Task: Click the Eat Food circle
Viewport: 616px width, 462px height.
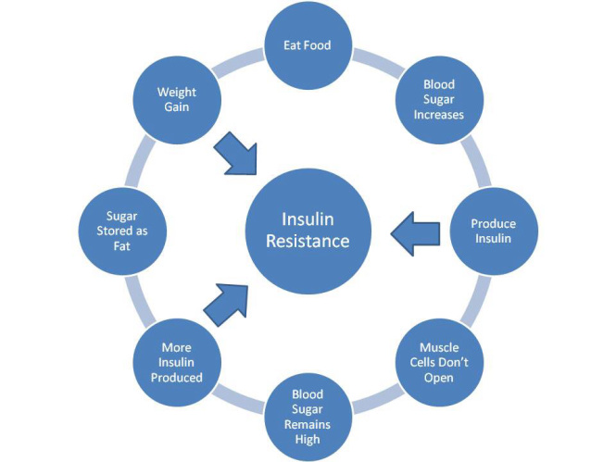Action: [x=308, y=44]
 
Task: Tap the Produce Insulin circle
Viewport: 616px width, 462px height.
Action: [x=492, y=231]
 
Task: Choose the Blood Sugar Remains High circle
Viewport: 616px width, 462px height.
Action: [x=308, y=416]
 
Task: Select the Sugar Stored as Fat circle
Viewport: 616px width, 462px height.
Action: [x=122, y=231]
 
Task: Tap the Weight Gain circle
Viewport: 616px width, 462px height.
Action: [x=177, y=99]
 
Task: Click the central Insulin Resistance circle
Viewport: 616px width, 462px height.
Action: [x=308, y=231]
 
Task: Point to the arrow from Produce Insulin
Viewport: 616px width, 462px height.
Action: [x=415, y=231]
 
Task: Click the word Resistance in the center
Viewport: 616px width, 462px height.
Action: [x=308, y=242]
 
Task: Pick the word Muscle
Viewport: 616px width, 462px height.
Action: [x=436, y=347]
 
